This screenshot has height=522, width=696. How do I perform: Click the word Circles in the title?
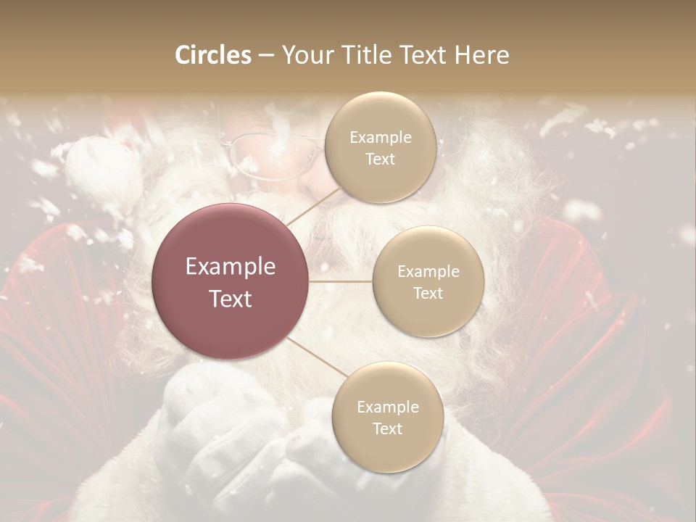pos(213,55)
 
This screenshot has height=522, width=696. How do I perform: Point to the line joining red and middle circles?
pos(341,281)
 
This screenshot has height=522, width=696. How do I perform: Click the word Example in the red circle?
pos(231,267)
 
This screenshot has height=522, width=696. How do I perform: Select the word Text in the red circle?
pos(231,299)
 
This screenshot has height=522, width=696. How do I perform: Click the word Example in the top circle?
pos(381,137)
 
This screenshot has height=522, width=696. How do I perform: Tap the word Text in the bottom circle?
pos(387,429)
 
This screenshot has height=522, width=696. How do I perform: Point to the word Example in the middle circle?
pos(428,271)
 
